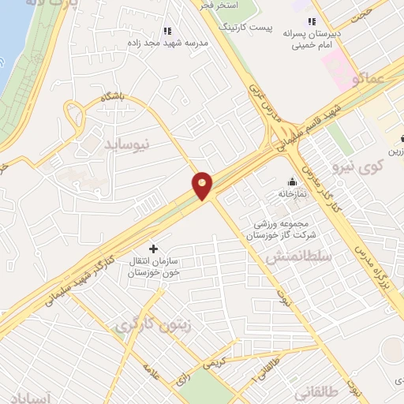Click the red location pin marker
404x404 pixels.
pyautogui.click(x=203, y=185)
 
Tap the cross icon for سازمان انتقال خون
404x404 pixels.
pyautogui.click(x=153, y=249)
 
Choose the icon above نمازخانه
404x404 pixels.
pyautogui.click(x=292, y=181)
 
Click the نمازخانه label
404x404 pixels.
pyautogui.click(x=291, y=193)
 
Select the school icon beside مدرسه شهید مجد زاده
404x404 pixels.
pyautogui.click(x=166, y=31)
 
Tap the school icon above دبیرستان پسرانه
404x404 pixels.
pyautogui.click(x=312, y=21)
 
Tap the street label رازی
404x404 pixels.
pyautogui.click(x=183, y=378)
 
